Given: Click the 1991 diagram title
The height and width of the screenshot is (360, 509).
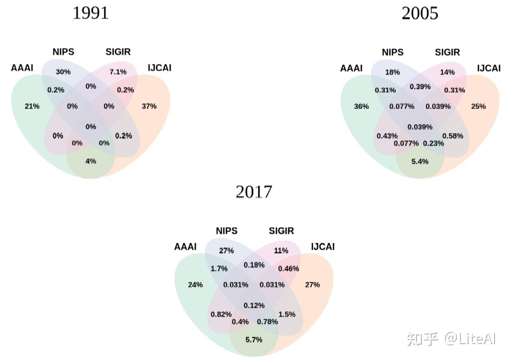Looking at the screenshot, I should click(91, 13).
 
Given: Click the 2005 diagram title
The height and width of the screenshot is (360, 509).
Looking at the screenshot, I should click(420, 13).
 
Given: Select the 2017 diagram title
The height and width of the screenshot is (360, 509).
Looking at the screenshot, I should click(254, 192).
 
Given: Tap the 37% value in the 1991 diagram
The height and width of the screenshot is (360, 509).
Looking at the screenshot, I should click(149, 106).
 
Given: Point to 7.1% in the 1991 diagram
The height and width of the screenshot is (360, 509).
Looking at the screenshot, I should click(118, 72).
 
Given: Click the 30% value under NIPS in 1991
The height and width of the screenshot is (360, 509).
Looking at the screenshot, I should click(63, 72).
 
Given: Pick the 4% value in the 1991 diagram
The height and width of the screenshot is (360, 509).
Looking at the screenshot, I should click(91, 161).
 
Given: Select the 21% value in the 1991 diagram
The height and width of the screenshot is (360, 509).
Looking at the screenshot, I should click(32, 106).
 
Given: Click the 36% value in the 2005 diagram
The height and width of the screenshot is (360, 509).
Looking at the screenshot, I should click(362, 107).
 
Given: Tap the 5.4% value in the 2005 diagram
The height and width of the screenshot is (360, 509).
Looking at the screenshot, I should click(420, 162).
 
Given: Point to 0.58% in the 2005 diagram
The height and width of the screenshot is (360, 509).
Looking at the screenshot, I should click(453, 136).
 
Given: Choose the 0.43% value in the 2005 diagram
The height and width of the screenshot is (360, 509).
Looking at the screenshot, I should click(387, 136).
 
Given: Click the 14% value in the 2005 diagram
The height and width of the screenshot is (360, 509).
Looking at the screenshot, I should click(447, 72).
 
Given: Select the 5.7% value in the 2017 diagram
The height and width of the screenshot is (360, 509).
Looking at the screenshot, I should click(254, 340).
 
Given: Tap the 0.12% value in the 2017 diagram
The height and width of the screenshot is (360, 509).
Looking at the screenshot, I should click(254, 305).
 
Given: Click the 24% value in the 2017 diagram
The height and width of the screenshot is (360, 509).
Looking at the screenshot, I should click(195, 285).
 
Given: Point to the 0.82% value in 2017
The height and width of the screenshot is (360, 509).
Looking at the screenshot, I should click(221, 314).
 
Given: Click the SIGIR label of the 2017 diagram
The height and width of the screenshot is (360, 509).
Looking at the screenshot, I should click(281, 231).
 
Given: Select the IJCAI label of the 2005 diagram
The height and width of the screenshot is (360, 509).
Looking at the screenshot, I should click(489, 68).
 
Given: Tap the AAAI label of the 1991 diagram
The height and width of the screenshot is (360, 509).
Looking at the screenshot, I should click(22, 68).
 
